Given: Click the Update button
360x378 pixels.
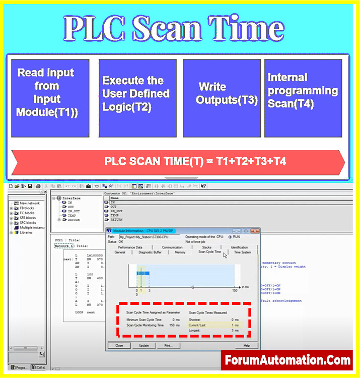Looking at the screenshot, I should coord(143,346).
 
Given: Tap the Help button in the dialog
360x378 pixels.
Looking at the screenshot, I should coord(247,346).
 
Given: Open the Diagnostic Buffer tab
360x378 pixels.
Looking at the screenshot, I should coord(151,252).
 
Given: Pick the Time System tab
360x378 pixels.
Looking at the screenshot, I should coord(242,252).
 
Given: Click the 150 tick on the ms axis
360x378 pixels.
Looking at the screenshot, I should coord(235,290).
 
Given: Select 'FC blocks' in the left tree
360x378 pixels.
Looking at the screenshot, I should coord(26,213).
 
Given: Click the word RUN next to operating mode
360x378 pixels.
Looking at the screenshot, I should coord(237,237).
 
